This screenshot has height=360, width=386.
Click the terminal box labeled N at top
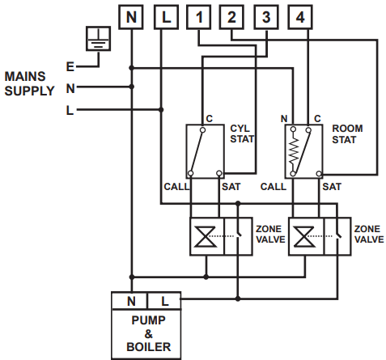click(x=131, y=16)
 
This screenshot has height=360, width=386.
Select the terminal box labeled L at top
click(x=164, y=16)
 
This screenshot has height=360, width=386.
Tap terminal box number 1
click(x=198, y=16)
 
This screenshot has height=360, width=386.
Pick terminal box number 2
click(x=231, y=16)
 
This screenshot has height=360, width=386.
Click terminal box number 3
click(x=265, y=16)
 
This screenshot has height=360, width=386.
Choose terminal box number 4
click(x=300, y=16)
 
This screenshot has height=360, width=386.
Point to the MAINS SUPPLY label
click(x=30, y=83)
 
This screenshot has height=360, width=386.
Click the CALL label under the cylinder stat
click(x=176, y=186)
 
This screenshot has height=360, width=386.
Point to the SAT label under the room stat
click(x=332, y=186)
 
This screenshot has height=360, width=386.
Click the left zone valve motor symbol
click(x=206, y=236)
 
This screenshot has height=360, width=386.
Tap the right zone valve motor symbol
click(x=304, y=236)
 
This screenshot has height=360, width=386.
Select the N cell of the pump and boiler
click(x=130, y=301)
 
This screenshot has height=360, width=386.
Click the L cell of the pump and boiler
click(x=165, y=301)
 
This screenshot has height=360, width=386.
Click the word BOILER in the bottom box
click(x=147, y=348)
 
